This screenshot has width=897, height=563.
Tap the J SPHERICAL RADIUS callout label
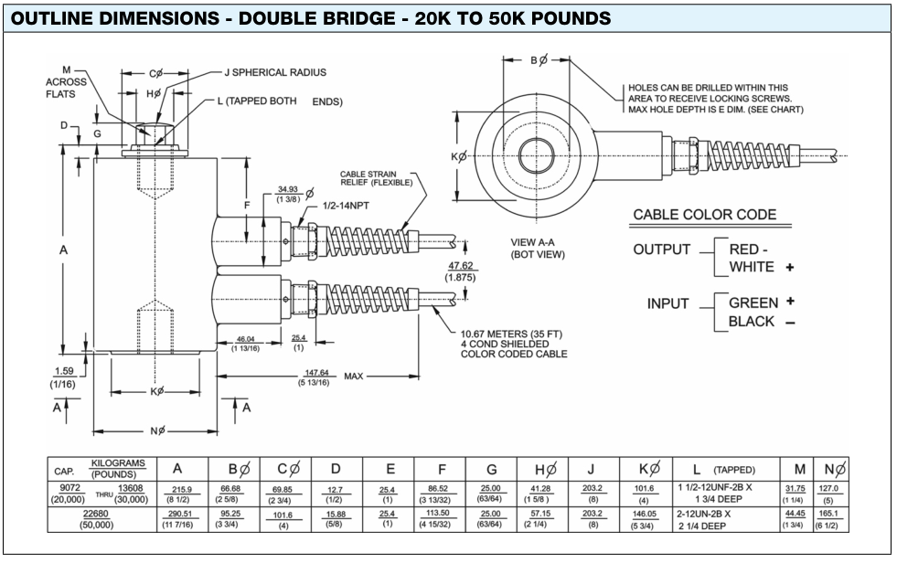[274, 71]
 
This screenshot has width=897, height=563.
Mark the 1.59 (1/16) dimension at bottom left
[63, 377]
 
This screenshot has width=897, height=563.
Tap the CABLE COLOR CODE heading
[704, 216]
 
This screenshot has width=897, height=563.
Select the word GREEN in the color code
[753, 303]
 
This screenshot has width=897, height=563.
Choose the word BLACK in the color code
[752, 322]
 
